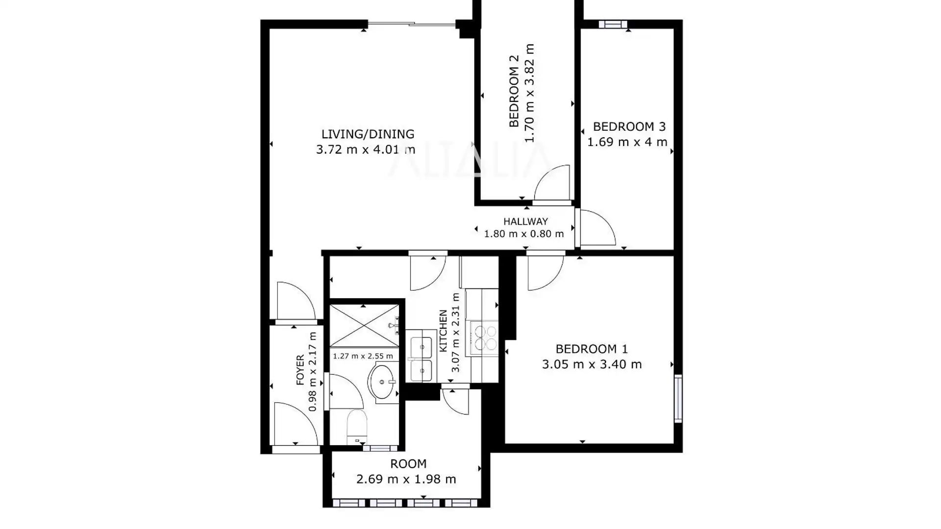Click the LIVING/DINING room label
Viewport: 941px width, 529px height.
[x=368, y=134]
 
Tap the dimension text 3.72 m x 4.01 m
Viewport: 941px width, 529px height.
[x=366, y=149]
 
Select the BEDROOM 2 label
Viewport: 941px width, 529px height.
[x=514, y=91]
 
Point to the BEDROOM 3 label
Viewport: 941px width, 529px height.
[x=629, y=127]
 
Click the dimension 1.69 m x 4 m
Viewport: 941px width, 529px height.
[x=627, y=142]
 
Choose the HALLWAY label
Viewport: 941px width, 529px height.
[x=525, y=221]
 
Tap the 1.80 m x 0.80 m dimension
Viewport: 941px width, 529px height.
[x=524, y=234]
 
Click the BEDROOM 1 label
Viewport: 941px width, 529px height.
[x=592, y=349]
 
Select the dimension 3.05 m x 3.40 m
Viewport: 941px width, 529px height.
[x=592, y=364]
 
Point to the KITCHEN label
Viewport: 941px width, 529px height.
[x=443, y=331]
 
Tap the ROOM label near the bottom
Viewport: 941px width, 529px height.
[x=408, y=464]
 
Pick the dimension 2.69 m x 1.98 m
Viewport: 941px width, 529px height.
[x=406, y=479]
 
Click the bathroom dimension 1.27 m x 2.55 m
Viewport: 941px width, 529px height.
[x=363, y=356]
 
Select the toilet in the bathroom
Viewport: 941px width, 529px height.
[x=357, y=427]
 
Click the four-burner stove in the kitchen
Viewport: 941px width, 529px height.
[x=484, y=337]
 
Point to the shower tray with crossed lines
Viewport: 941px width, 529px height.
[x=364, y=326]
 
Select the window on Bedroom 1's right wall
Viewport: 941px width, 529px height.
[x=678, y=398]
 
